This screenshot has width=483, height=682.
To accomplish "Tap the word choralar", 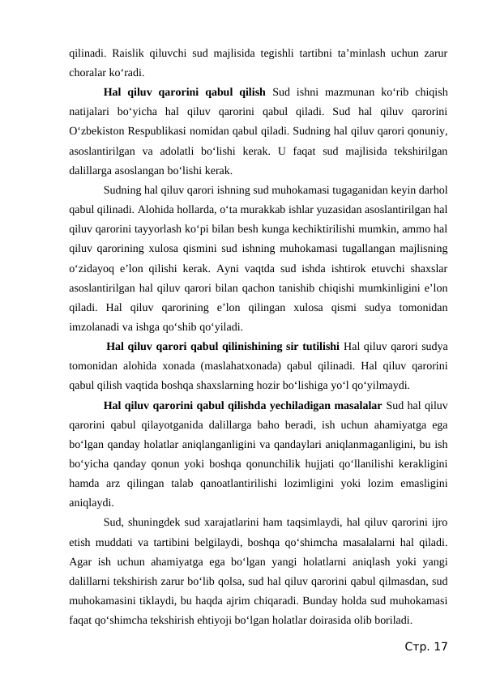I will [91, 71].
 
